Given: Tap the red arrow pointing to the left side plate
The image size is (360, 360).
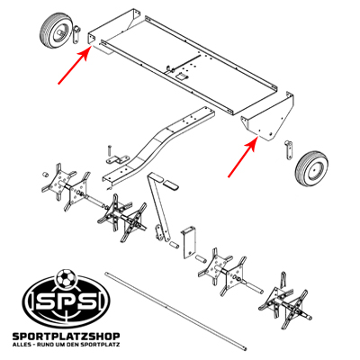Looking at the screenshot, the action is (74, 66).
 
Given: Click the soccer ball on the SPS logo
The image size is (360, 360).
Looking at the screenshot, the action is (65, 278).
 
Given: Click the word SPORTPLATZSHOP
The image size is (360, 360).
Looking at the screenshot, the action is (67, 337).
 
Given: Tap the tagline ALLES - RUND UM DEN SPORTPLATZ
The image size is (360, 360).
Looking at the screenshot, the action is (67, 345).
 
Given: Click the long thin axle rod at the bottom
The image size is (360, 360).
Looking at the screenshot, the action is (176, 310).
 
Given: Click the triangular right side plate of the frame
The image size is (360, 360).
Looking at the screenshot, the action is (267, 119).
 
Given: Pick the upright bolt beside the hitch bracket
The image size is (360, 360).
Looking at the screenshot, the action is (109, 151).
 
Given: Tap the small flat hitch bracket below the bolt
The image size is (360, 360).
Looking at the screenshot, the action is (118, 159).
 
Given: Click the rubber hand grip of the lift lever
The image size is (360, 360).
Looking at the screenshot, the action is (171, 185).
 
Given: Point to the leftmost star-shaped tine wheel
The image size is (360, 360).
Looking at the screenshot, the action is (58, 181).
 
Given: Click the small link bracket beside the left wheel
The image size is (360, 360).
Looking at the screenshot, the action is (76, 33).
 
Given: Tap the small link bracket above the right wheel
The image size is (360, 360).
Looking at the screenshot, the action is (289, 148).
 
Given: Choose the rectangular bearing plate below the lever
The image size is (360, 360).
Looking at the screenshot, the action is (189, 242).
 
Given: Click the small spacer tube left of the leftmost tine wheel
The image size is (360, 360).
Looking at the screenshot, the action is (44, 175).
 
